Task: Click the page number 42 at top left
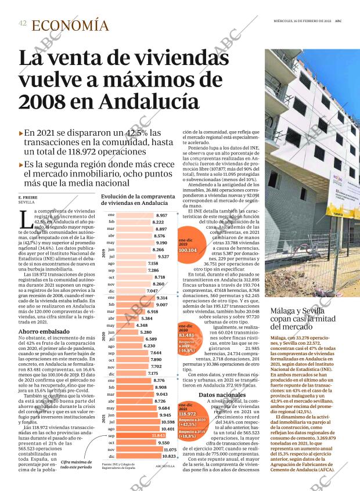tap(23, 24)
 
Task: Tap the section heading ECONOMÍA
tap(70, 25)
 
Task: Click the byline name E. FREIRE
tap(28, 198)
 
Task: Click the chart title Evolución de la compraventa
tap(138, 200)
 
